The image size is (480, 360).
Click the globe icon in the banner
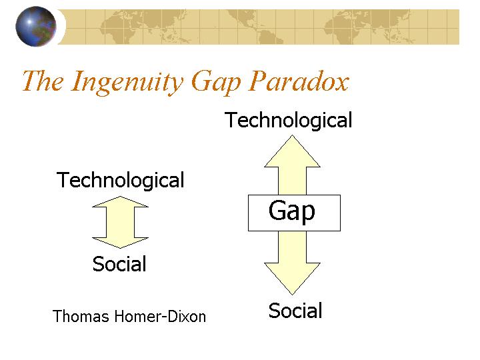(x=36, y=26)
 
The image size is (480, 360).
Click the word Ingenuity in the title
(x=127, y=82)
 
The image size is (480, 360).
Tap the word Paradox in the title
(x=299, y=81)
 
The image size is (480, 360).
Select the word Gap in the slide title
(x=216, y=83)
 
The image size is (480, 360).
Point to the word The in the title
(x=43, y=81)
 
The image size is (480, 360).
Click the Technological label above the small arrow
(x=120, y=180)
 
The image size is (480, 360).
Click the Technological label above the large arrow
(x=288, y=120)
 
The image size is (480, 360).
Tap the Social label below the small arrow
(x=119, y=263)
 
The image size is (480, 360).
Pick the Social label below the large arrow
(x=295, y=311)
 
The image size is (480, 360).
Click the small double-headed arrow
(x=120, y=222)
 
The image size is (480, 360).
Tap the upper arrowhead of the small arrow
(x=120, y=202)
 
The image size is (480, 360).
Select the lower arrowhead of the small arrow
(x=120, y=243)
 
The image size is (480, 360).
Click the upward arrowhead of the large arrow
(x=293, y=151)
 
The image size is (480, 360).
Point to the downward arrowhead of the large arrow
(x=293, y=279)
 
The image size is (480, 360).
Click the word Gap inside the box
(x=292, y=211)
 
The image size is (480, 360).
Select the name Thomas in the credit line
(x=81, y=316)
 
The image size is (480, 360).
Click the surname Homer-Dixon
(x=160, y=316)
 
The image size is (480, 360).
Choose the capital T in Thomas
(x=57, y=316)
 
